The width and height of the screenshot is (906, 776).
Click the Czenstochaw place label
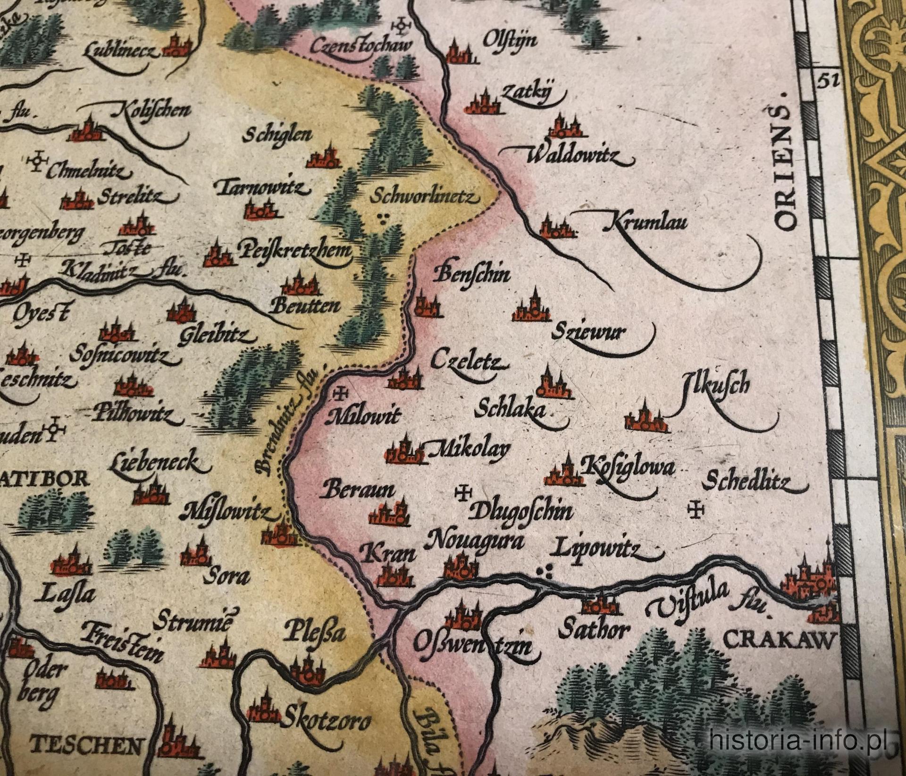(361, 46)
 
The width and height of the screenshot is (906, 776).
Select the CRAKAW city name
(779, 641)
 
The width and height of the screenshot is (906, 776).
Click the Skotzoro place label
(326, 720)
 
